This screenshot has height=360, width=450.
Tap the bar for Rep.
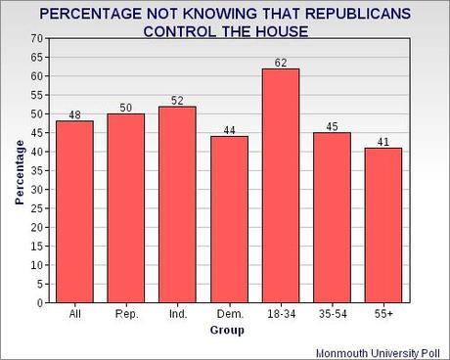click(124, 208)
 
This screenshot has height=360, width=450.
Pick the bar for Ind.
click(176, 204)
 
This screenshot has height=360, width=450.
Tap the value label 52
click(176, 99)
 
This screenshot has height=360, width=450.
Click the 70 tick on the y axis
click(38, 38)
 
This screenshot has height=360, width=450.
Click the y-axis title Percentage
click(20, 171)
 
